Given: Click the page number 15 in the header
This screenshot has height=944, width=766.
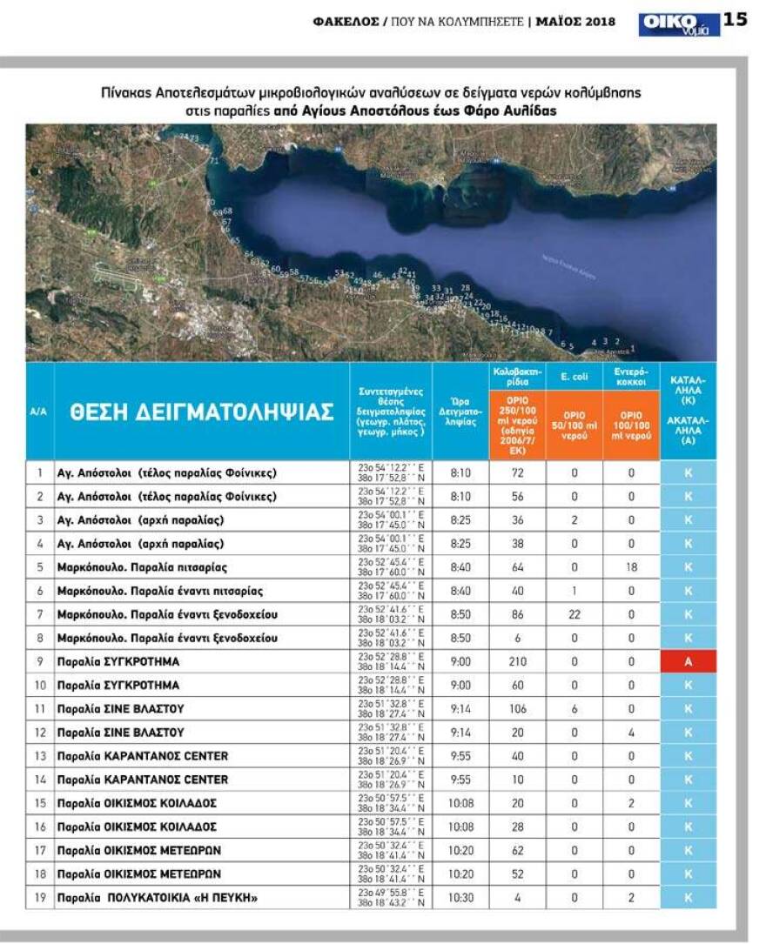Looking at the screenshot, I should click(x=736, y=19).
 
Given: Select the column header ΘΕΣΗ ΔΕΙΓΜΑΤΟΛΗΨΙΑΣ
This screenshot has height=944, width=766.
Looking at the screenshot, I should click(x=202, y=412).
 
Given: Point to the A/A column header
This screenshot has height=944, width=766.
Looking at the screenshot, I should click(x=38, y=412).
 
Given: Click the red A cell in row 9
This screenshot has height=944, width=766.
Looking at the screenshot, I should click(x=688, y=661).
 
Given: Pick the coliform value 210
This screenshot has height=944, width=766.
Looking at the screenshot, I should click(x=517, y=661).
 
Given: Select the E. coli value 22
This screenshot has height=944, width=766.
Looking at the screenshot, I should click(x=574, y=614).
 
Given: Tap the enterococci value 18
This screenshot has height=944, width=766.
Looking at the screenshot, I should click(x=632, y=567).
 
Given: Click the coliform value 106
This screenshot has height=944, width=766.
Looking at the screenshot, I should click(x=517, y=708).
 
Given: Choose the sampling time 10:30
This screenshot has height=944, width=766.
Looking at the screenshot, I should click(x=461, y=896).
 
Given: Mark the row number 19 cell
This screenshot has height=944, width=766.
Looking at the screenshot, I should click(x=39, y=896).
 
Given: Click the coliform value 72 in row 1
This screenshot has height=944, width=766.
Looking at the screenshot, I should click(x=517, y=473).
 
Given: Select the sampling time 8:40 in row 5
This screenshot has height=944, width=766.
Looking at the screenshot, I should click(x=461, y=567).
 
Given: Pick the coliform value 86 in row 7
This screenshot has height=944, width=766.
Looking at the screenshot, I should click(x=517, y=614).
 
